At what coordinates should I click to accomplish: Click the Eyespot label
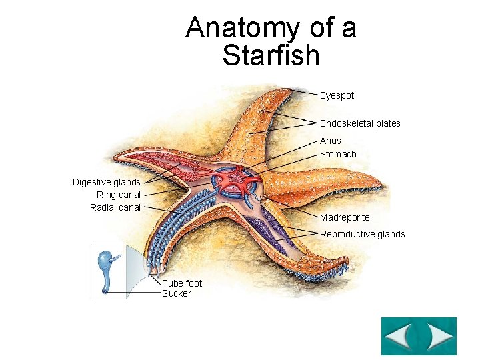pyautogui.click(x=337, y=95)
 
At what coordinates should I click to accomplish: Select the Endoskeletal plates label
pyautogui.click(x=360, y=123)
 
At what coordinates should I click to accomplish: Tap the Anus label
pyautogui.click(x=330, y=141)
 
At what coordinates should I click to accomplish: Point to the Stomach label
pyautogui.click(x=338, y=154)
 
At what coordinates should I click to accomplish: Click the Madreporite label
pyautogui.click(x=345, y=217)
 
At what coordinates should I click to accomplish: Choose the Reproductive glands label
pyautogui.click(x=362, y=234)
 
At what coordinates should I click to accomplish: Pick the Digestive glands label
pyautogui.click(x=107, y=182)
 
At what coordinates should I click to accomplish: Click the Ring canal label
pyautogui.click(x=119, y=195)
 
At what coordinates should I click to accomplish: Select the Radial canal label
pyautogui.click(x=115, y=207)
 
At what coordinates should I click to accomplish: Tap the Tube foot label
pyautogui.click(x=182, y=283)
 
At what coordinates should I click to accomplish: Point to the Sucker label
pyautogui.click(x=177, y=293)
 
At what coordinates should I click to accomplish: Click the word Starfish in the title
pyautogui.click(x=271, y=55)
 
